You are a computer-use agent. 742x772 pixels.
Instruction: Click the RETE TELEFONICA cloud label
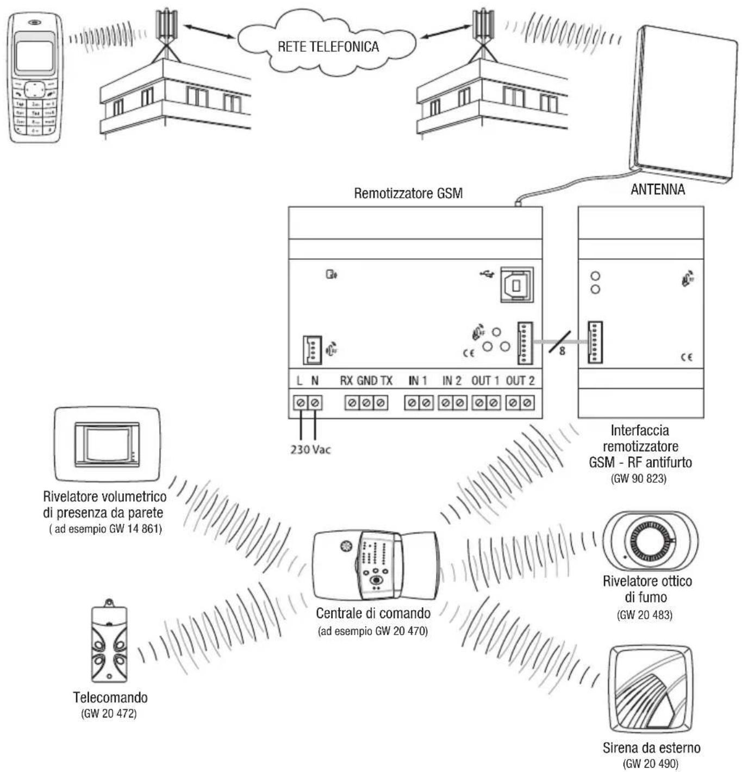point(328,47)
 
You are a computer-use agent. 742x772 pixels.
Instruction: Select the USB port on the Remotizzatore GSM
point(516,284)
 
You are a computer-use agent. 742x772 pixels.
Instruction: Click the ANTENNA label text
point(657,190)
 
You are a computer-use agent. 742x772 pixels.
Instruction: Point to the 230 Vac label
point(310,450)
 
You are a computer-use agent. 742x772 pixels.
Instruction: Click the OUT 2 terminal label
point(520,381)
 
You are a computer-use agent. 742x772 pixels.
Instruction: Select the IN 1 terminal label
point(417,381)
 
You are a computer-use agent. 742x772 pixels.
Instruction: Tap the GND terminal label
point(367,381)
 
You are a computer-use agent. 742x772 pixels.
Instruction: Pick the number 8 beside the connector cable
point(562,351)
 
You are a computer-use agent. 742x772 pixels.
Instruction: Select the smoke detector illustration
point(650,541)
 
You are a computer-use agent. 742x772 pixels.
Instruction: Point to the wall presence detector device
point(107,444)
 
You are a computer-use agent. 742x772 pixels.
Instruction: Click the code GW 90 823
point(639,479)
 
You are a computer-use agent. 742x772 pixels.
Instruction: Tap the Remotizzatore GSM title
point(408,194)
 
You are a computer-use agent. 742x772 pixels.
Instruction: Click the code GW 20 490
point(651,763)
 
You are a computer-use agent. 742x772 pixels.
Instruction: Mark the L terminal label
point(300,381)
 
